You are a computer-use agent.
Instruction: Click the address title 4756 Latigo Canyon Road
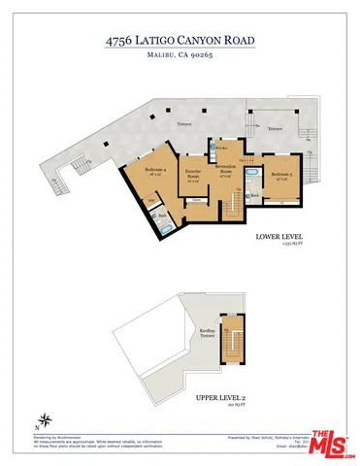[x=180, y=42]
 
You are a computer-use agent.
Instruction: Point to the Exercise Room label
[x=193, y=177]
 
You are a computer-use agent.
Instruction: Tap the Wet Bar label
[x=221, y=148]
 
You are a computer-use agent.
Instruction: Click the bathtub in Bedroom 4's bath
[x=166, y=226]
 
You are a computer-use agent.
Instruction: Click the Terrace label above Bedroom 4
[x=184, y=126]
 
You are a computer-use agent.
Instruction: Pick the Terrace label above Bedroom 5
[x=275, y=129]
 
